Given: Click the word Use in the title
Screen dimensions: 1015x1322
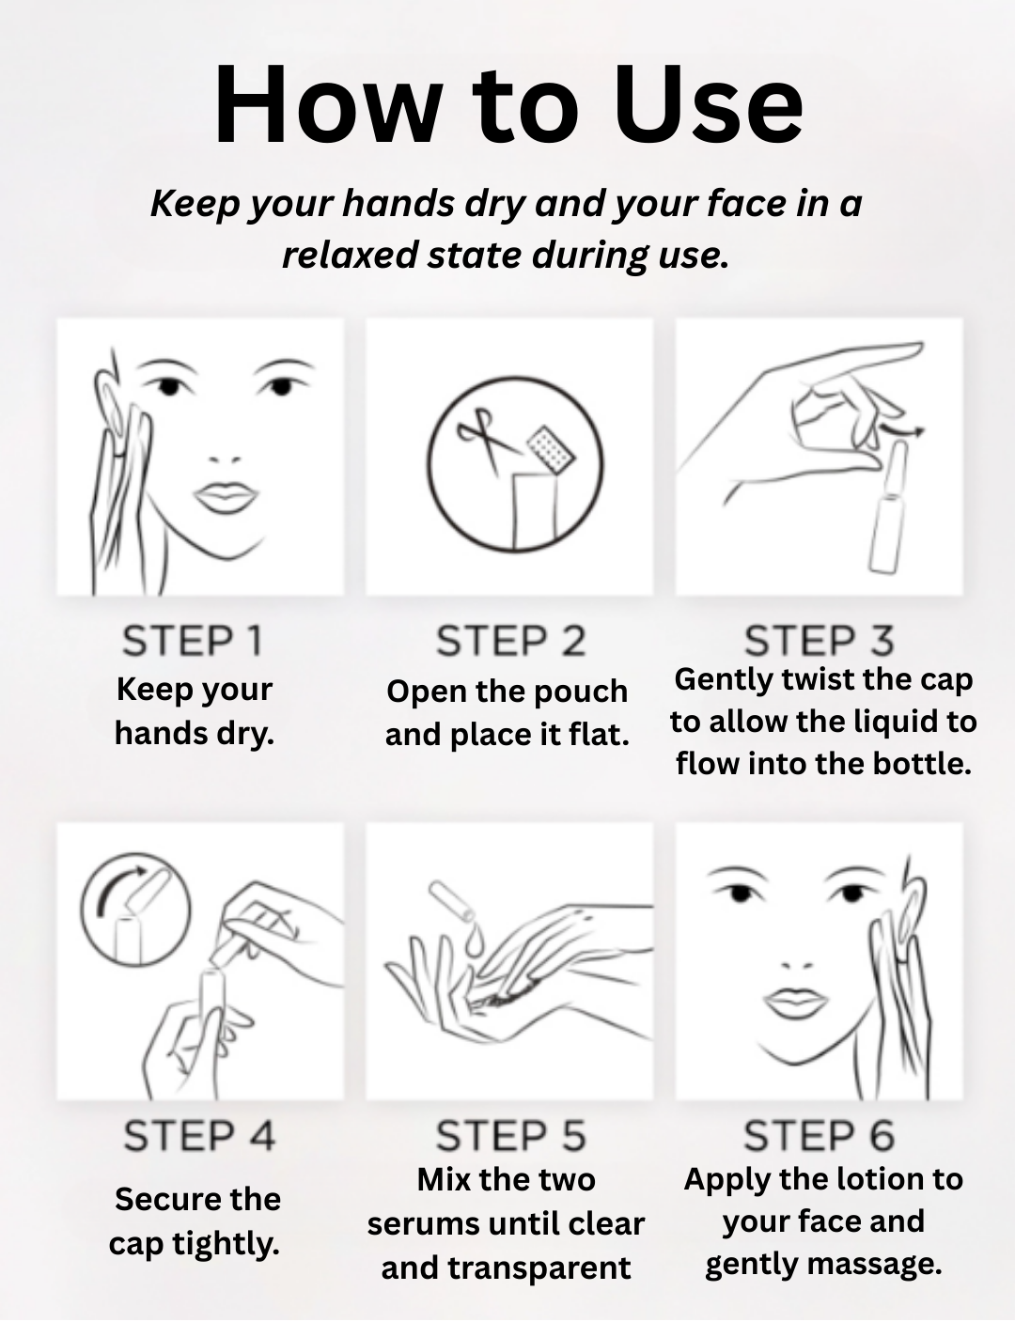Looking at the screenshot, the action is pos(709,104).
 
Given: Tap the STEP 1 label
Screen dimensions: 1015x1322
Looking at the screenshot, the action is pos(193,641).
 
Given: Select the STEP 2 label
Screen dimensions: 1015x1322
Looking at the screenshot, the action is pos(511,641).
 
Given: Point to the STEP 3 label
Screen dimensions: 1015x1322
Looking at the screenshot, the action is pos(820,641).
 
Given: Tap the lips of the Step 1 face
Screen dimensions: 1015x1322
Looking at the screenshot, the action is pos(226,497).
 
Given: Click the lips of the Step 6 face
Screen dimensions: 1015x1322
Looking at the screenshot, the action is pos(795,1002).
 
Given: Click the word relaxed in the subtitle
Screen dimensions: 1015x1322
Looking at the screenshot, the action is pos(350,255).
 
